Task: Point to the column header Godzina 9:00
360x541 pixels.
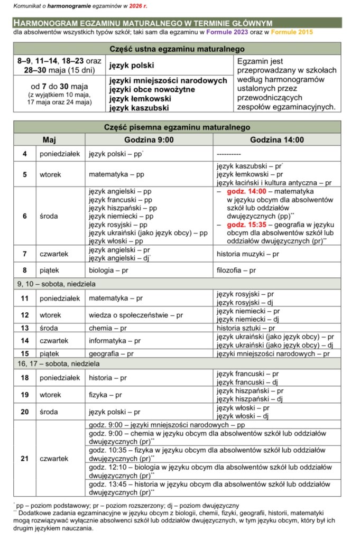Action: [150, 140]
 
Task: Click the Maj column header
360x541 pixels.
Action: [49, 140]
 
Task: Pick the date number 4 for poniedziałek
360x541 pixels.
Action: [25, 154]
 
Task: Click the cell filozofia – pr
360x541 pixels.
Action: [236, 270]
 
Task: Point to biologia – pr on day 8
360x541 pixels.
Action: [108, 270]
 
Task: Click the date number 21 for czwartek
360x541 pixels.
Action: [25, 459]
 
